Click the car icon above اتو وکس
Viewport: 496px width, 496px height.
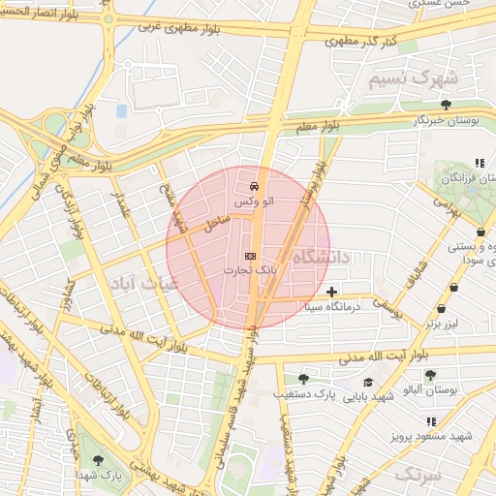click(253, 184)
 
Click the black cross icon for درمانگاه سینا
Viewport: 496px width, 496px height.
click(332, 291)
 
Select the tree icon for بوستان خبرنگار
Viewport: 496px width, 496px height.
click(446, 104)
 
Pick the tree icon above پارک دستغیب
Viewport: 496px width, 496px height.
click(303, 378)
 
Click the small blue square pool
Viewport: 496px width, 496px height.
click(121, 111)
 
